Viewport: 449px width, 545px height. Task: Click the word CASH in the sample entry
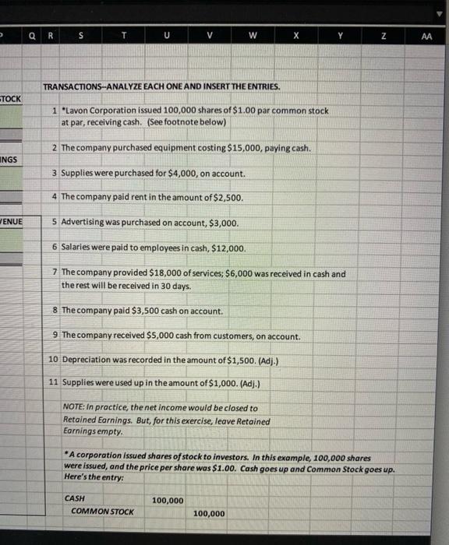coord(76,499)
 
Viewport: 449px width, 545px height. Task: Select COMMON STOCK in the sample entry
coord(102,512)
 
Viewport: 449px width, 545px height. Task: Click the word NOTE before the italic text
coord(75,408)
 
